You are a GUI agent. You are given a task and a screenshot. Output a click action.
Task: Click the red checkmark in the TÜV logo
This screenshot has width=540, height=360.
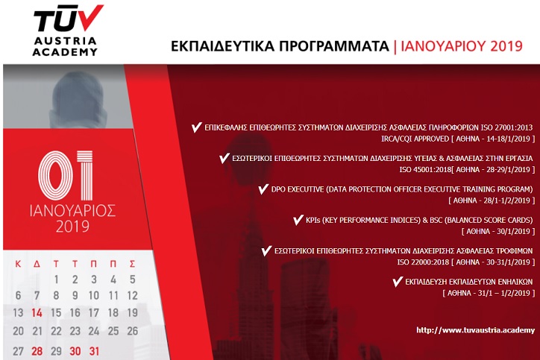tap(90, 16)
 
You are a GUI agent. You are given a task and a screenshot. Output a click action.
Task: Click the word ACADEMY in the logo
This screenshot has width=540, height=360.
tap(65, 52)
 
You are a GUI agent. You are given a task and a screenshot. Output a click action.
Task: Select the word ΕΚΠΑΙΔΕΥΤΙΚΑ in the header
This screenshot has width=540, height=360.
tap(223, 46)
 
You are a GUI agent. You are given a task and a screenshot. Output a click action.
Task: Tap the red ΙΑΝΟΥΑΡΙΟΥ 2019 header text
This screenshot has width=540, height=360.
tap(462, 46)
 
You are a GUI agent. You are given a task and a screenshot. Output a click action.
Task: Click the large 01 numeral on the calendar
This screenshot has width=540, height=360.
tap(66, 175)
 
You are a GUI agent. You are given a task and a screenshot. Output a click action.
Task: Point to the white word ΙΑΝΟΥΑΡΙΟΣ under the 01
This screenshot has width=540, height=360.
tap(72, 211)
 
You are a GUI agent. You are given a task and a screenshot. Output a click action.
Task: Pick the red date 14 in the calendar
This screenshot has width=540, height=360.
tap(37, 313)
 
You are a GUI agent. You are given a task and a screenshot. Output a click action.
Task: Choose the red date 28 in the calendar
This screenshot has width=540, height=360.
tap(37, 351)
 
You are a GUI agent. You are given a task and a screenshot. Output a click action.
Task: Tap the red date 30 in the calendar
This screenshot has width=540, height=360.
tap(75, 351)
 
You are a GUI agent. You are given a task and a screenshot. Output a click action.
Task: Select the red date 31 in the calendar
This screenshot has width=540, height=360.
tap(94, 351)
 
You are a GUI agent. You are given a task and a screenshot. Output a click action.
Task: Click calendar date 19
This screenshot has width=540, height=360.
tap(132, 313)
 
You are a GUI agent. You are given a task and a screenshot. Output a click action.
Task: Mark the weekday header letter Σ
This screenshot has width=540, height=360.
tap(132, 264)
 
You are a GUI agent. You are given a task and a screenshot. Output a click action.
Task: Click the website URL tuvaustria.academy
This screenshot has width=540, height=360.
tap(475, 330)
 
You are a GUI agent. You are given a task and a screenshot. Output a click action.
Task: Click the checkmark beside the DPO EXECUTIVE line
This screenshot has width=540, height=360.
tap(263, 189)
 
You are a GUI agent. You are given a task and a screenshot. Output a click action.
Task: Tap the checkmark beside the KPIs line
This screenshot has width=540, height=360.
tap(298, 220)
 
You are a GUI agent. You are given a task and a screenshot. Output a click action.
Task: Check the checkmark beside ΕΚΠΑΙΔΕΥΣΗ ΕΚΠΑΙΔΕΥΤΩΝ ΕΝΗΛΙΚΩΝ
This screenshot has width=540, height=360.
tap(398, 282)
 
